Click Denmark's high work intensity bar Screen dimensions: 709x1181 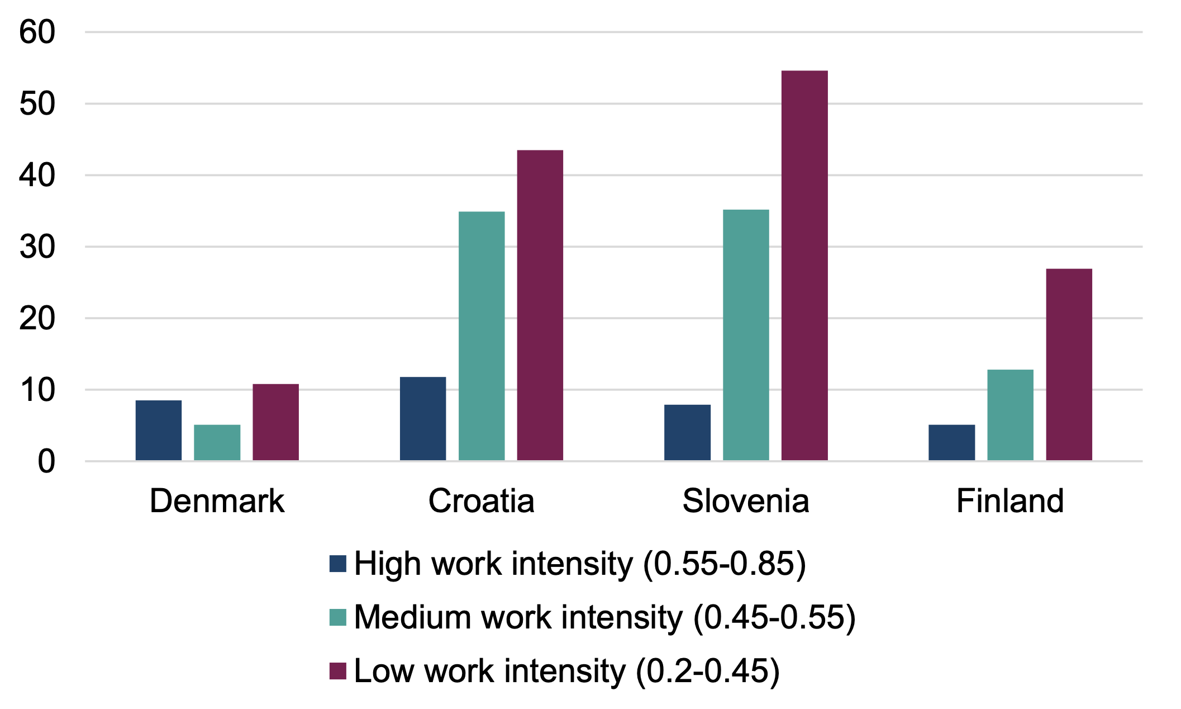point(158,430)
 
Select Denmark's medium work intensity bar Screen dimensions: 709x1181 point(217,442)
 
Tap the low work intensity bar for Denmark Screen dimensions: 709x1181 point(275,422)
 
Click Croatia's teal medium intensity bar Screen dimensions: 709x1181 point(482,335)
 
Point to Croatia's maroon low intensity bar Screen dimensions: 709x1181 point(540,305)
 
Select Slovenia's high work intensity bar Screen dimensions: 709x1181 point(687,432)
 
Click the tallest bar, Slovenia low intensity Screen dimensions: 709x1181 point(804,266)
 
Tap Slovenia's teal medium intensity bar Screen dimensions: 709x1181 point(746,335)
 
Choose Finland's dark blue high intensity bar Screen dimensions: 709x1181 point(951,442)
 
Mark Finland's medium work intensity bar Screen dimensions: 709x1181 point(1010,415)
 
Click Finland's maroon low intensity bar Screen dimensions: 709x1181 point(1069,365)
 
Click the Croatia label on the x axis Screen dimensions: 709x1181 point(481,500)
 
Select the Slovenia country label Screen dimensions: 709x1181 point(745,500)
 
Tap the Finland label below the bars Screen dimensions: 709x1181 point(1009,500)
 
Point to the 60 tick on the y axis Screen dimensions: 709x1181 point(37,32)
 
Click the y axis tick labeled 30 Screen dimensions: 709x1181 point(37,247)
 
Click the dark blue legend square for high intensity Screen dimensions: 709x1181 point(338,564)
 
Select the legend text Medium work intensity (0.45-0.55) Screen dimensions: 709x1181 point(604,617)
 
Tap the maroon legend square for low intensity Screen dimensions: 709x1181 point(338,671)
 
